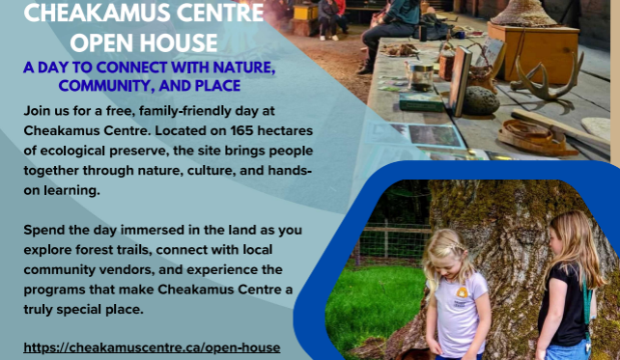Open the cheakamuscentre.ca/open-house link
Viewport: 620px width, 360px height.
point(152,346)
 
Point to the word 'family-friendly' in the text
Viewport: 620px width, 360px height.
point(164,113)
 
